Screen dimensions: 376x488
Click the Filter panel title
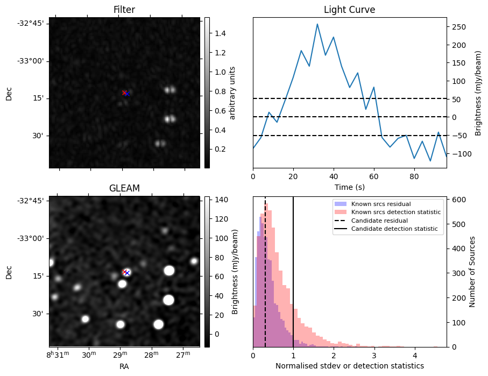pyautogui.click(x=124, y=10)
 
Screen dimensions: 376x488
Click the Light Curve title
pyautogui.click(x=349, y=10)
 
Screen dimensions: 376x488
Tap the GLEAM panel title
pyautogui.click(x=124, y=188)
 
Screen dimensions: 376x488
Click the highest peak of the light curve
pyautogui.click(x=317, y=24)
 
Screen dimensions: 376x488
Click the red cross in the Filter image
pyautogui.click(x=124, y=93)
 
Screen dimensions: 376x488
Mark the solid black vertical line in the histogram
pyautogui.click(x=293, y=280)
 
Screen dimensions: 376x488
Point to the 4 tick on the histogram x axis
pyautogui.click(x=414, y=355)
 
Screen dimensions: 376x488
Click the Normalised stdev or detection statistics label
pyautogui.click(x=349, y=366)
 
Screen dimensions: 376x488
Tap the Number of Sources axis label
pyautogui.click(x=473, y=272)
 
